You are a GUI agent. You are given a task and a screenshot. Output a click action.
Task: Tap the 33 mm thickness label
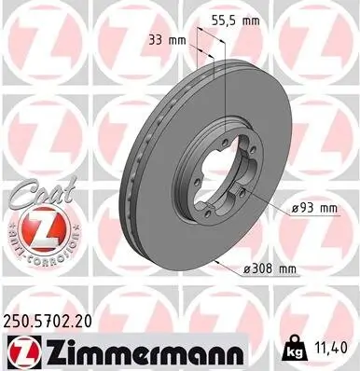(x=167, y=40)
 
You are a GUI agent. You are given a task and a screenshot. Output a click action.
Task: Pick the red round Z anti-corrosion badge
(x=35, y=230)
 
